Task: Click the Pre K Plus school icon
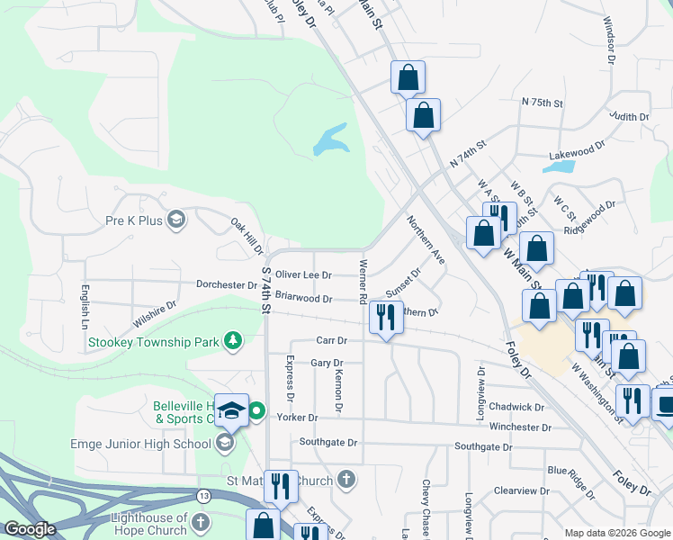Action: click(176, 219)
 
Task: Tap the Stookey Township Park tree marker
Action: click(233, 340)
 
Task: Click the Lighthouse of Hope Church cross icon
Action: click(201, 523)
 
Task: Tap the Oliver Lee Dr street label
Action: click(303, 274)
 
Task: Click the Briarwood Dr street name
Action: click(304, 297)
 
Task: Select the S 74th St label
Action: click(266, 288)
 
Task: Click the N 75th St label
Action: click(542, 103)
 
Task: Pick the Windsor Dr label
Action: click(609, 40)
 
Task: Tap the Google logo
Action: click(31, 529)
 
